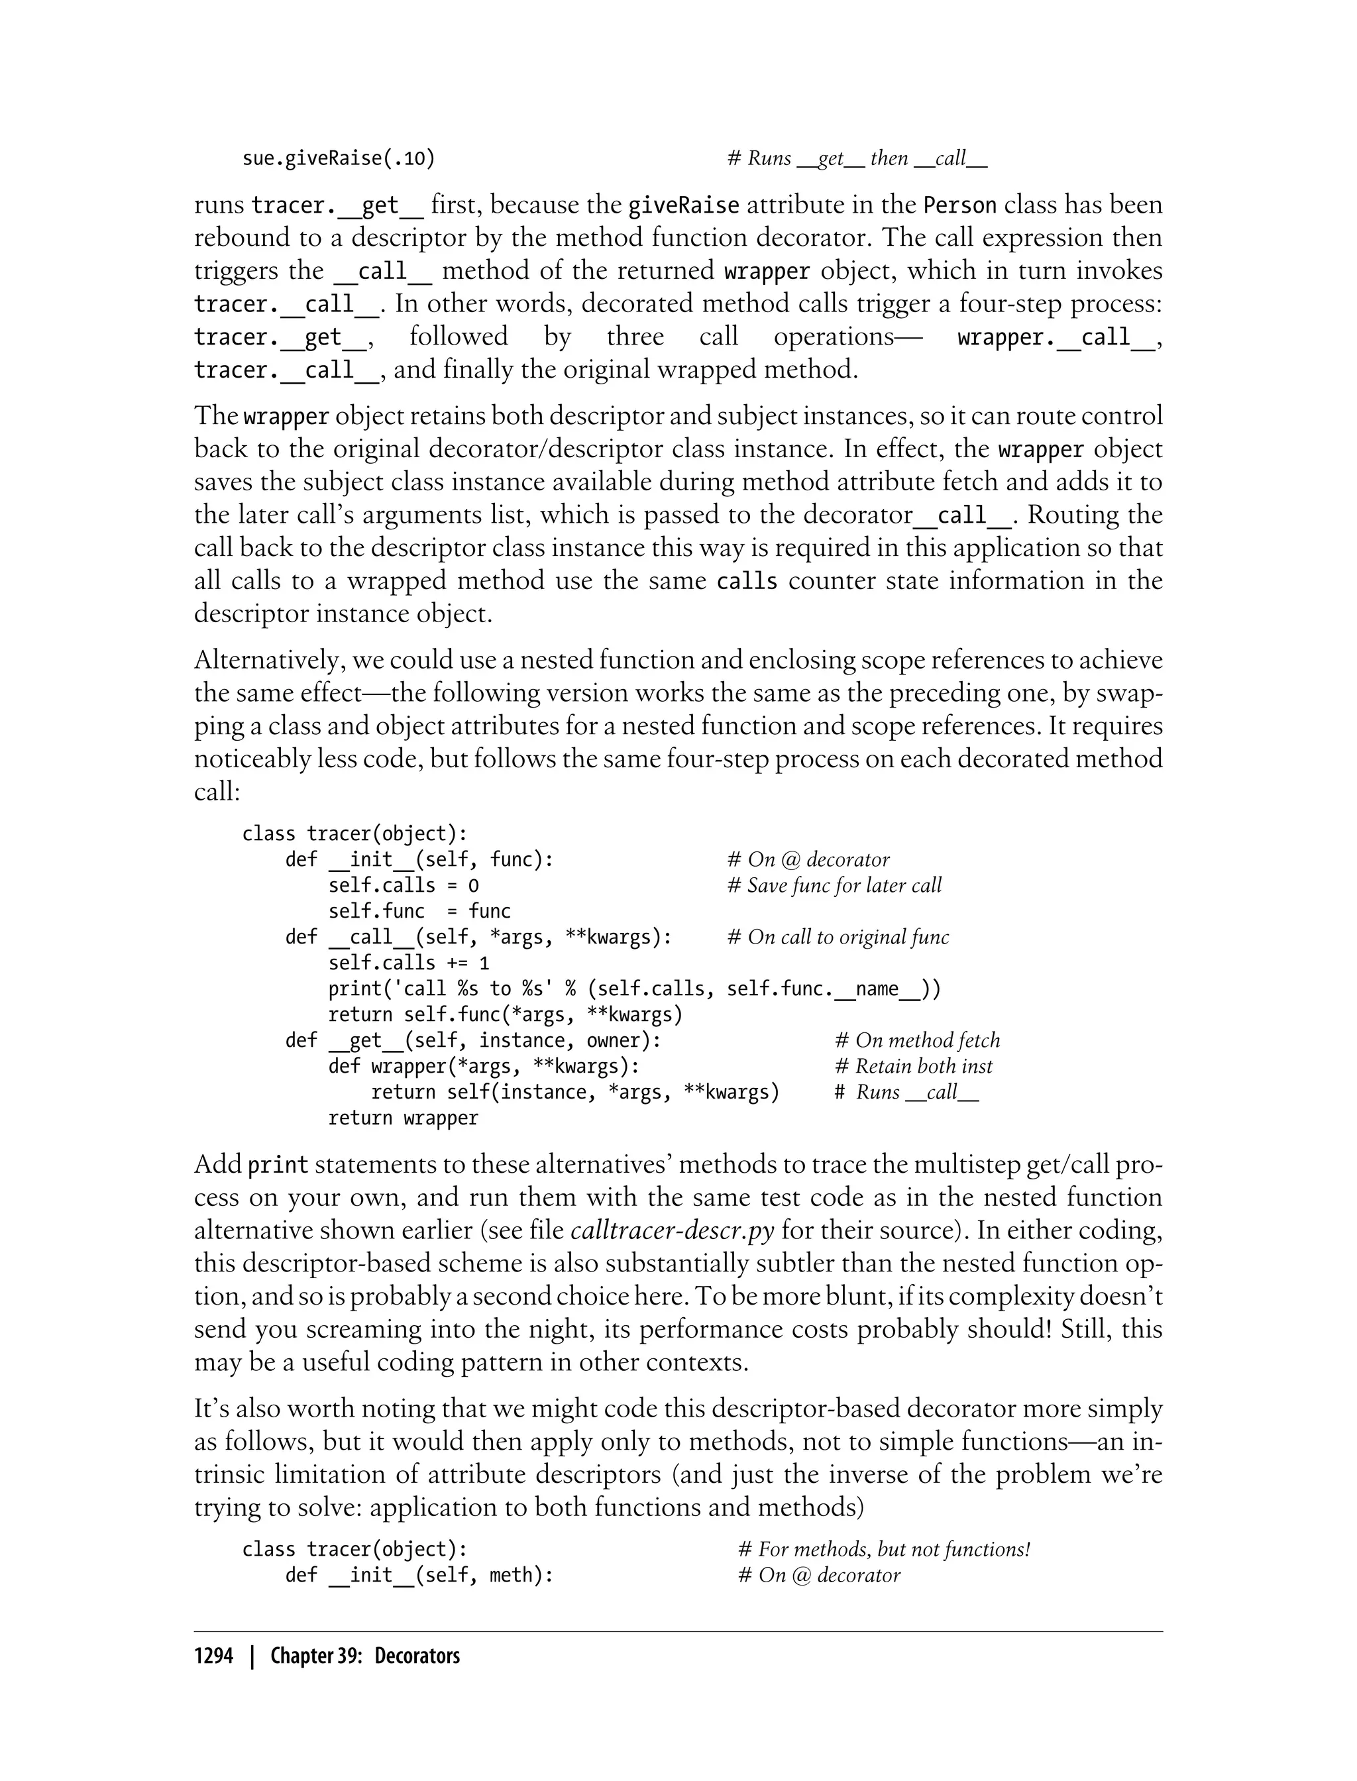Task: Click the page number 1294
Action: (213, 1656)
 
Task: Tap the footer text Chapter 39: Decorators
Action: (364, 1656)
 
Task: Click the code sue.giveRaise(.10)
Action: (339, 158)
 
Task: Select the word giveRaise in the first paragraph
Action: (683, 205)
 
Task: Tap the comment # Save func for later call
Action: (834, 885)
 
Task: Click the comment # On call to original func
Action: (838, 937)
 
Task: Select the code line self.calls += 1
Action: (408, 963)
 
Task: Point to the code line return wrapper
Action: (402, 1118)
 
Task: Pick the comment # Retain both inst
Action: (913, 1066)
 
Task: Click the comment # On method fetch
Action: (917, 1040)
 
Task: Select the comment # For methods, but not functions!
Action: (884, 1549)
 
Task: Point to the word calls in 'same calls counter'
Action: (746, 580)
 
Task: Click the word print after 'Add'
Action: (277, 1165)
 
